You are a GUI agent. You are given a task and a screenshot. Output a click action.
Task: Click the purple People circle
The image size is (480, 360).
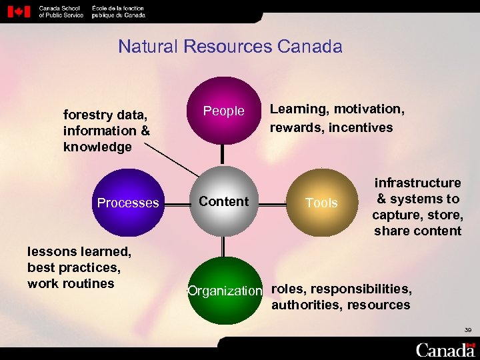224,111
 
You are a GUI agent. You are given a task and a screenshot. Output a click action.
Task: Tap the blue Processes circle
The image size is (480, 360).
128,203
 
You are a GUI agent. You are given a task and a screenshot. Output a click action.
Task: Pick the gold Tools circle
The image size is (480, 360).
321,203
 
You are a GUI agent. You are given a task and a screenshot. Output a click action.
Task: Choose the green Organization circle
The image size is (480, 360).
225,291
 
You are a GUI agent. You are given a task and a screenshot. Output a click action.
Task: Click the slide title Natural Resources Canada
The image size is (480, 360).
230,47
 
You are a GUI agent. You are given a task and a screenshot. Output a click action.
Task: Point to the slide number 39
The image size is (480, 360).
467,329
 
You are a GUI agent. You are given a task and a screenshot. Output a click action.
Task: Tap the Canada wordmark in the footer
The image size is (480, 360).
445,349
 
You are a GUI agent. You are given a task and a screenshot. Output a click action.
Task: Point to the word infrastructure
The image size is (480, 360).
417,183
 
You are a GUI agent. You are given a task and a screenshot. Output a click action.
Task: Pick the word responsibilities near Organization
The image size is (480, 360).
361,289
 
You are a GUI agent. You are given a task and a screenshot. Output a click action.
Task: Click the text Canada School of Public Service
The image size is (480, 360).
61,11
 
